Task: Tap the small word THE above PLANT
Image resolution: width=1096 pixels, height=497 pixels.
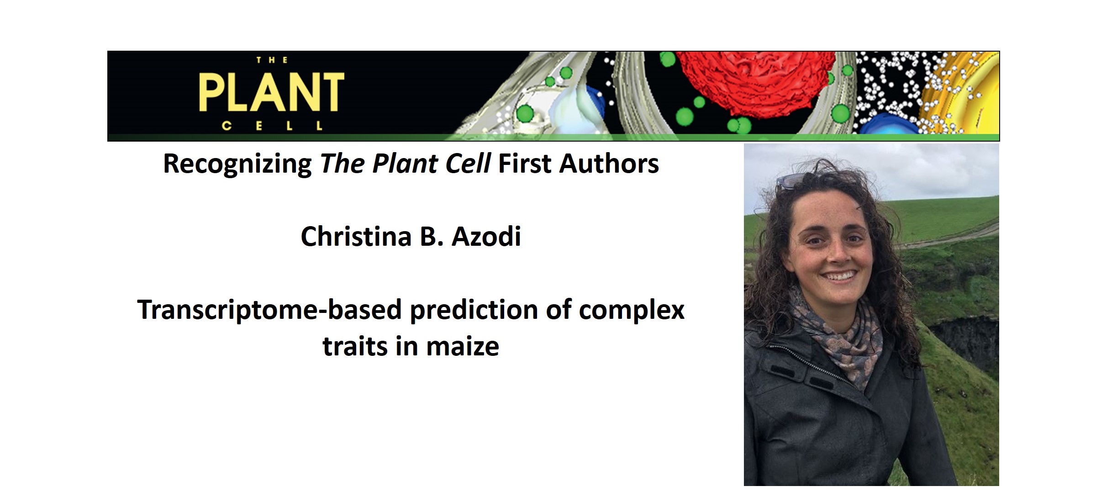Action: pos(272,60)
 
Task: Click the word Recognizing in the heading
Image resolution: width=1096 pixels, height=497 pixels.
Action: pos(237,164)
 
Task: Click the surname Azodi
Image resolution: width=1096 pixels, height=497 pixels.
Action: pos(486,237)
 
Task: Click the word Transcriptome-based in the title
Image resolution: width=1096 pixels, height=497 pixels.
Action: pos(269,310)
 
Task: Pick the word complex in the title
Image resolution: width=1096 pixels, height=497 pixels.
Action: pos(632,310)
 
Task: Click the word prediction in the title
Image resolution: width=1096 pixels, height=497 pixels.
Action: pos(474,310)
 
